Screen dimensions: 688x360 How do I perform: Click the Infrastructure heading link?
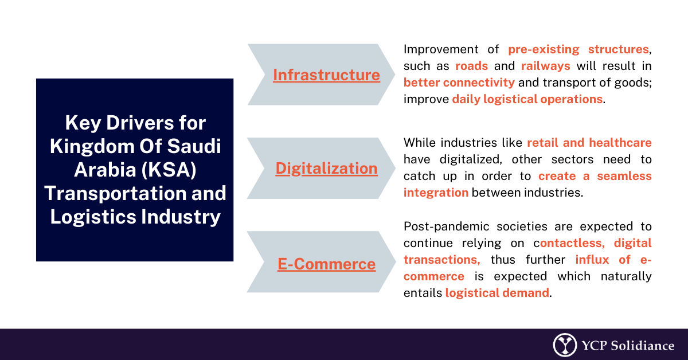click(326, 75)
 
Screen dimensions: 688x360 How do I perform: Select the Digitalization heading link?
click(326, 169)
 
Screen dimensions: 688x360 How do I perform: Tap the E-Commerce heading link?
click(326, 264)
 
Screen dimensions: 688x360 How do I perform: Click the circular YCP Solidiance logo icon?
click(565, 345)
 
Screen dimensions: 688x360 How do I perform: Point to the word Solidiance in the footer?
click(643, 346)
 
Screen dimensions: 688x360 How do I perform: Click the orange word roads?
click(471, 66)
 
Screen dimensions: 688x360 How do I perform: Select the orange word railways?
click(545, 66)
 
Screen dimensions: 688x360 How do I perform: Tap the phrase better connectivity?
click(459, 83)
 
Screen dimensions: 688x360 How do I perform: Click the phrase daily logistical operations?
click(527, 99)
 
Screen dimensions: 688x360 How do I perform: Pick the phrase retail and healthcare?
click(589, 143)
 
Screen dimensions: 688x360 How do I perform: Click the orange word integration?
click(436, 193)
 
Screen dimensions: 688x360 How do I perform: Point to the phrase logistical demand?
click(497, 293)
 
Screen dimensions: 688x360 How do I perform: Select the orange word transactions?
click(441, 260)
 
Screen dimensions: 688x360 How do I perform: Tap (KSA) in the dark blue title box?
click(169, 170)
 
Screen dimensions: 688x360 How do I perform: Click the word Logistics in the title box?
click(93, 217)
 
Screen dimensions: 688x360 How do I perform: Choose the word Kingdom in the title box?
click(92, 147)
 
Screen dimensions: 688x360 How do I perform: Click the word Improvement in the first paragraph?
click(441, 49)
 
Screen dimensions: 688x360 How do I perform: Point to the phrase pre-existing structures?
click(578, 49)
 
